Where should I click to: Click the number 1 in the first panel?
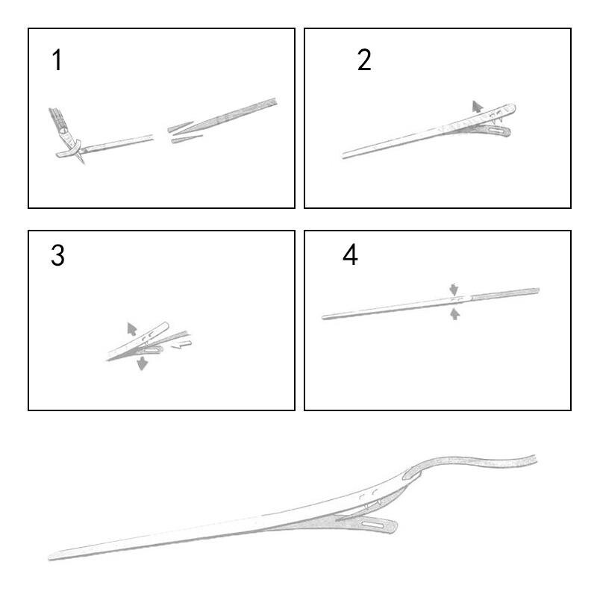(x=57, y=60)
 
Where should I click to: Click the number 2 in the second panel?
(x=364, y=60)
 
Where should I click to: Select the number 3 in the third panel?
(x=57, y=255)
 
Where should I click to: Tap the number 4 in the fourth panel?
(x=350, y=254)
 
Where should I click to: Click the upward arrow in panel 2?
(x=477, y=107)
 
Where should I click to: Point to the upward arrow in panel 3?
(x=132, y=329)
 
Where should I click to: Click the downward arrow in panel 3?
(x=142, y=363)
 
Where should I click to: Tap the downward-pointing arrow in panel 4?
(x=454, y=289)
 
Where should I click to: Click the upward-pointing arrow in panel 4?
(x=454, y=314)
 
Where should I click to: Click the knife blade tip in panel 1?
(x=83, y=162)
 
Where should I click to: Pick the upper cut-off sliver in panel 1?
(x=181, y=127)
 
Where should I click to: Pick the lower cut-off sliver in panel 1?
(x=187, y=139)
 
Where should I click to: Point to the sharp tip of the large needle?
(x=49, y=558)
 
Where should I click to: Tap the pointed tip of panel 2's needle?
(x=343, y=156)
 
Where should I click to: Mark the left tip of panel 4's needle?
(x=323, y=317)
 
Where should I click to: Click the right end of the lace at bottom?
(x=535, y=459)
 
